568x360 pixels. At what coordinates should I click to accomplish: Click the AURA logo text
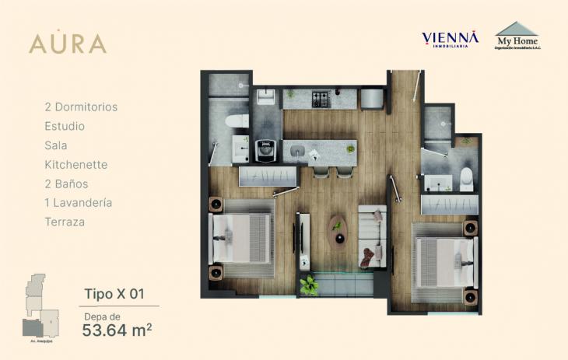[x=68, y=44]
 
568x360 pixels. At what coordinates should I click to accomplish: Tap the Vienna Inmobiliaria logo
[x=450, y=39]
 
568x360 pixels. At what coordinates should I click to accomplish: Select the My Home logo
[x=517, y=36]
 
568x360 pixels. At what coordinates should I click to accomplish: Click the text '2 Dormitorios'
[x=81, y=107]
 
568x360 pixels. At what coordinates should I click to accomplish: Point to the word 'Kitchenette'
[x=76, y=165]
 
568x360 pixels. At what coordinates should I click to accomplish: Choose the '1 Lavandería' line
[x=79, y=203]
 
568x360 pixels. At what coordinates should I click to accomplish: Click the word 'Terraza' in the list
[x=65, y=222]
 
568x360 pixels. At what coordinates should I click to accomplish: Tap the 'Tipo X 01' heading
[x=114, y=294]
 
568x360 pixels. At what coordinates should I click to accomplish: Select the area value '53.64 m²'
[x=117, y=330]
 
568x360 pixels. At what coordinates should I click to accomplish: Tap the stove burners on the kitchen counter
[x=321, y=99]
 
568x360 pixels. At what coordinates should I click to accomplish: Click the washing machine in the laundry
[x=265, y=149]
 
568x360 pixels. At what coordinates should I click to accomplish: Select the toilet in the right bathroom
[x=465, y=179]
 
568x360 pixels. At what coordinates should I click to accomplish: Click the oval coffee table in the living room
[x=338, y=231]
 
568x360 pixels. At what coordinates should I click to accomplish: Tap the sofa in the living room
[x=372, y=236]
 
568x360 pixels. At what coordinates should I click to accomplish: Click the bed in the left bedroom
[x=242, y=236]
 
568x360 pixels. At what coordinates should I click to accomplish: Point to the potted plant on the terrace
[x=310, y=285]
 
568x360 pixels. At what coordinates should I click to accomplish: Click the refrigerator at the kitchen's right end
[x=372, y=99]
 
